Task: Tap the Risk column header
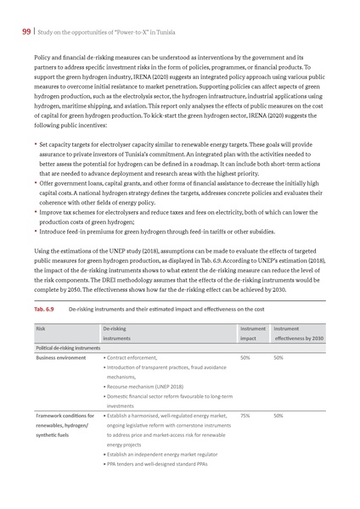click(x=41, y=327)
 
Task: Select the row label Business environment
click(x=60, y=358)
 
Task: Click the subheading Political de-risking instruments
click(x=67, y=348)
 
